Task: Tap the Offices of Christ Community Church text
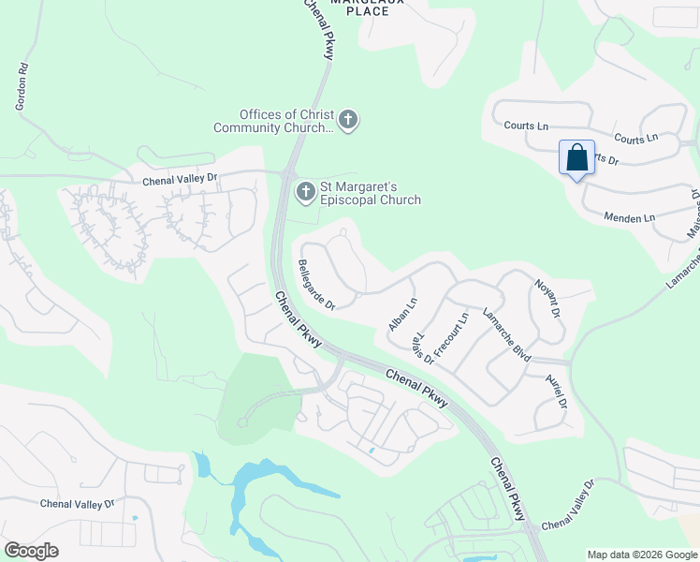click(x=273, y=121)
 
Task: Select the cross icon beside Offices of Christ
click(x=348, y=119)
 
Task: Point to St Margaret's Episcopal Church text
click(x=371, y=193)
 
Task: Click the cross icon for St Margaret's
click(x=305, y=192)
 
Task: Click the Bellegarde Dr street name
click(x=315, y=285)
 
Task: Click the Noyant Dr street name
click(x=547, y=298)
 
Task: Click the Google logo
click(x=31, y=550)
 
